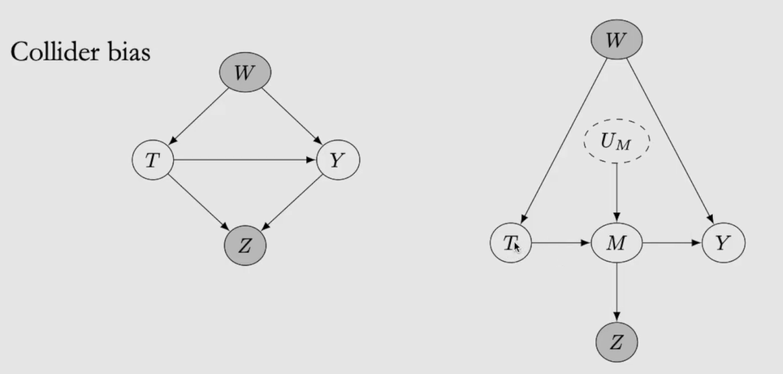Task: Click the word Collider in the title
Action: pos(51,54)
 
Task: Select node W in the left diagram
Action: pos(244,73)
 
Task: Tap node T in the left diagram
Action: pos(153,160)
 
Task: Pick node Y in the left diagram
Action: pos(337,160)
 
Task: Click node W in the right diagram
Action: pos(616,40)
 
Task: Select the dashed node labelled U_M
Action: pos(616,143)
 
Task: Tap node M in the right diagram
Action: pos(616,242)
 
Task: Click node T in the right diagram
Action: pos(510,242)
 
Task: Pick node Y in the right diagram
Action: pos(723,242)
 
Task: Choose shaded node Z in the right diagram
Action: pos(616,341)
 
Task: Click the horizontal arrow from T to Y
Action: pos(244,160)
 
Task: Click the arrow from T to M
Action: pos(560,242)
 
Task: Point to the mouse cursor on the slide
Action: pos(517,246)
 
